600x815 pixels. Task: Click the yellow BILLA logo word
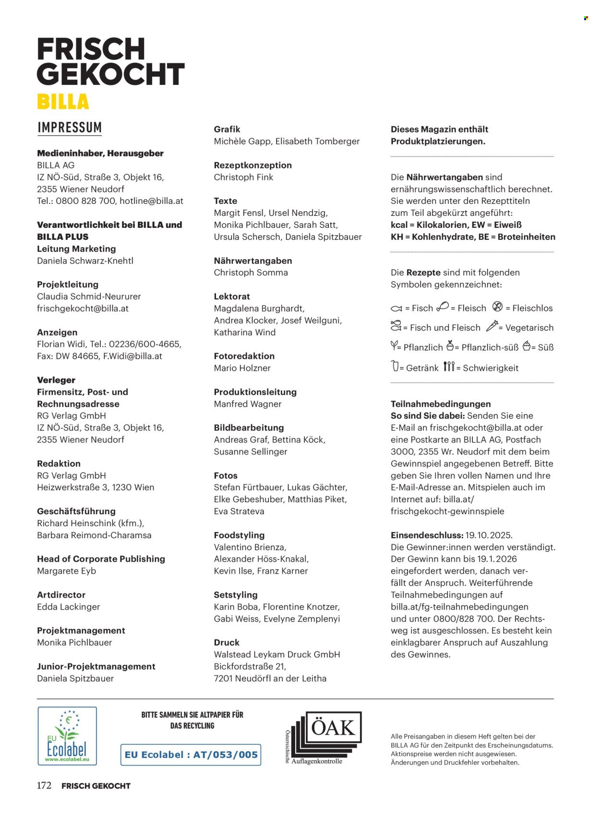pos(63,102)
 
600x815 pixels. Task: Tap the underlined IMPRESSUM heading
pos(70,128)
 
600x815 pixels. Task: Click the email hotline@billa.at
pos(151,201)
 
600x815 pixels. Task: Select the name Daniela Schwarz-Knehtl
pos(85,261)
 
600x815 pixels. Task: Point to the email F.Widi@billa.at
pos(132,356)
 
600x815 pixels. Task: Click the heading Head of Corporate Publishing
pos(101,559)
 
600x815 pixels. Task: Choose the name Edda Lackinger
pos(68,607)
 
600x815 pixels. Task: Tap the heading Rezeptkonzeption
pos(252,165)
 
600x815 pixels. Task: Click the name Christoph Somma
pos(251,272)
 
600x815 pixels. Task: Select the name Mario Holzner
pos(242,368)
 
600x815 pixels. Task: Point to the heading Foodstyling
pos(239,535)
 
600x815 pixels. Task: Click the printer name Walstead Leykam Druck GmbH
pos(276,654)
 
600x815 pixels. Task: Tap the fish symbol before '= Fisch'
pos(396,308)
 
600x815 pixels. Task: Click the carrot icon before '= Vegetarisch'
pos(492,327)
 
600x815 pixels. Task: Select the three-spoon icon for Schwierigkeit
pos(448,367)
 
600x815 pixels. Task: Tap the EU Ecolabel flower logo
pos(67,735)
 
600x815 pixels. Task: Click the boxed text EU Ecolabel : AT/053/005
pos(191,755)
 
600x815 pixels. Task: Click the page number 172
pos(44,786)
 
